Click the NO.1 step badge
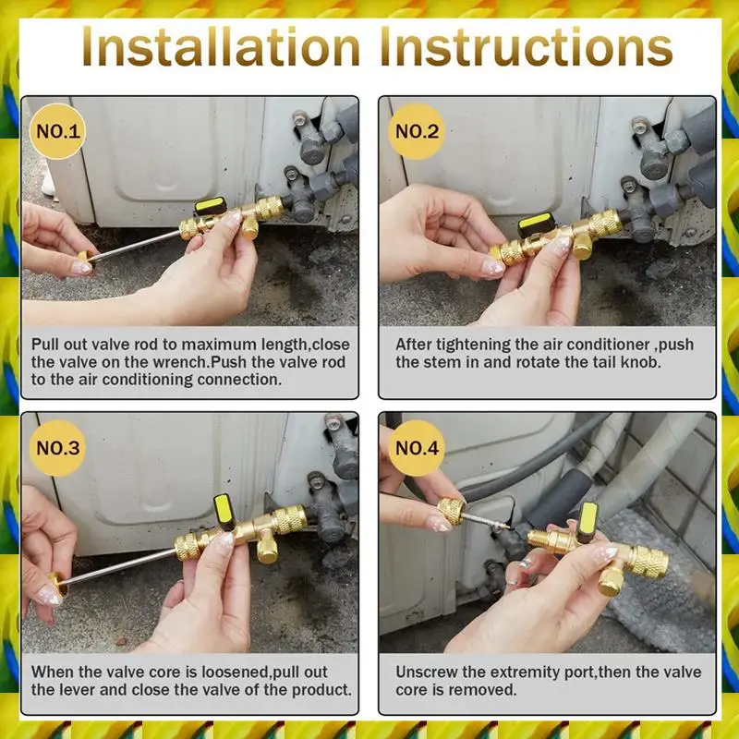coord(58,131)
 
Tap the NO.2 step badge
coord(417,131)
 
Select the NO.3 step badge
coord(58,448)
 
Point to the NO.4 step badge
coord(417,448)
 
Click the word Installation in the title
coord(221,48)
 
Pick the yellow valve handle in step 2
coord(536,224)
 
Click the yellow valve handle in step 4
coord(587,522)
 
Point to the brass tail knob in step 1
coord(85,259)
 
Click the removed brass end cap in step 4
coord(452,512)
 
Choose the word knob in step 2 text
coord(640,362)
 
